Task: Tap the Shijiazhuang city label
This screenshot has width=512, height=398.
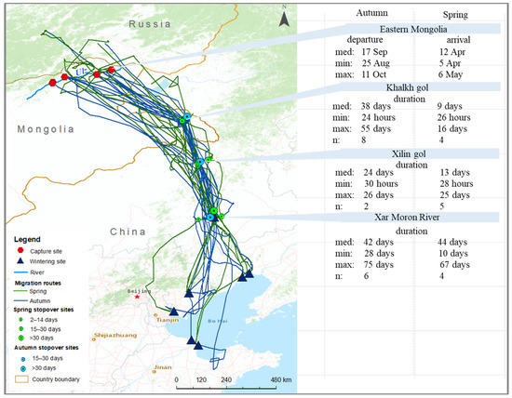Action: coord(115,334)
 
